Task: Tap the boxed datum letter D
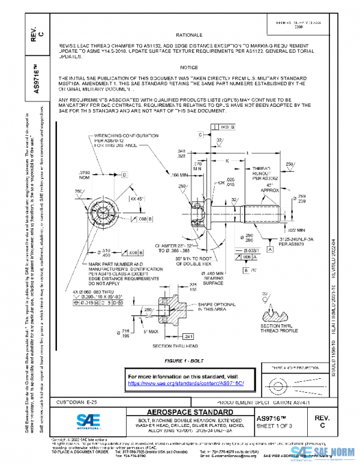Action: coord(125,174)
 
